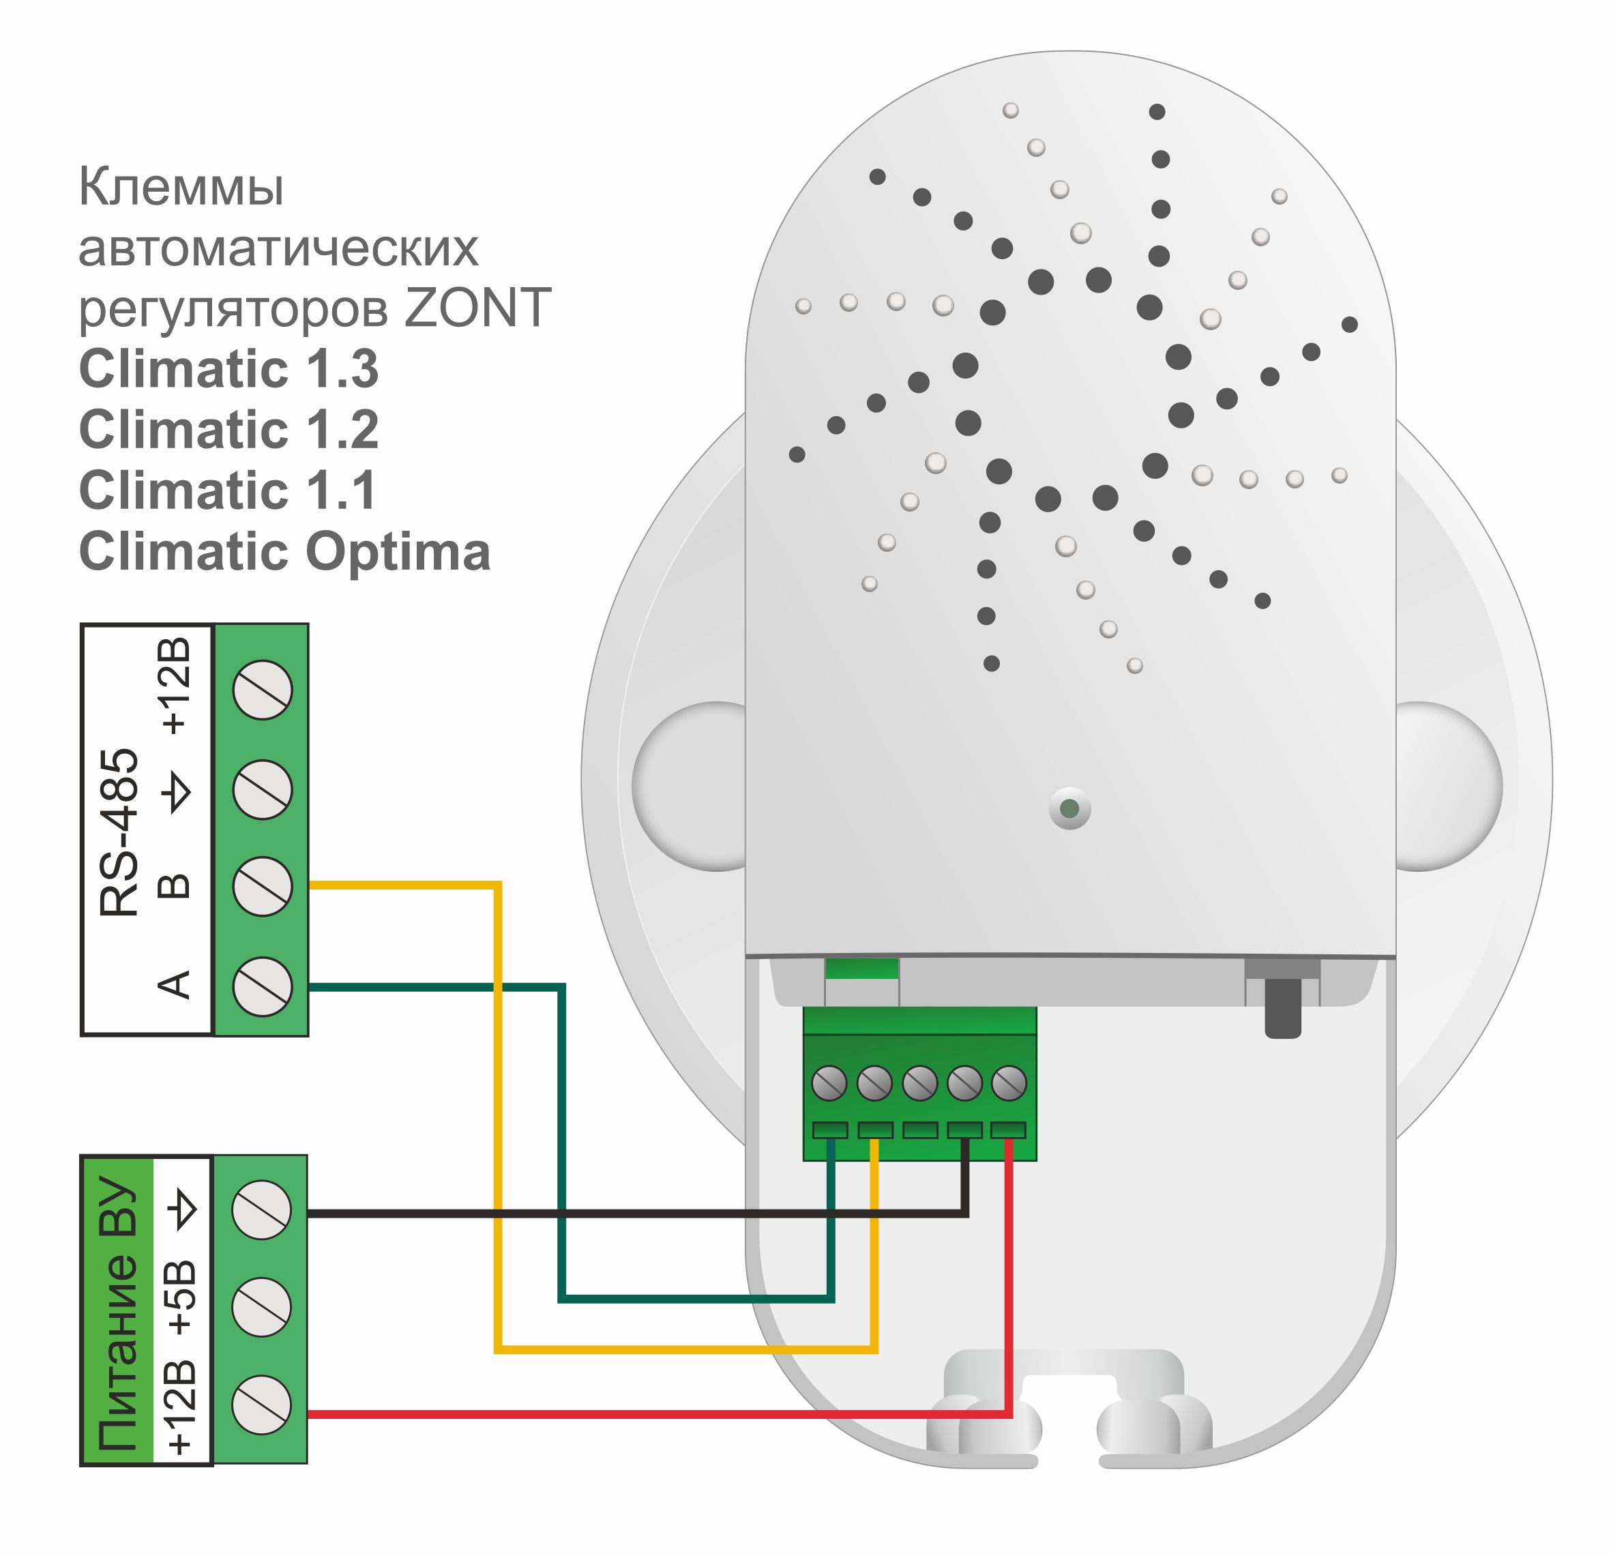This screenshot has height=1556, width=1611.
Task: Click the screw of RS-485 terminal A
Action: click(262, 986)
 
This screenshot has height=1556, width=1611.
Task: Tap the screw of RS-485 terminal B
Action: click(262, 887)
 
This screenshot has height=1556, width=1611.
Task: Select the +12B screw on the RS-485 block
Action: click(262, 690)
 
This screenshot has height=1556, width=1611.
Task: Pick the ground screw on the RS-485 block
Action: click(262, 790)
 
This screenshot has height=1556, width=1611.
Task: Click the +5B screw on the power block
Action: click(261, 1307)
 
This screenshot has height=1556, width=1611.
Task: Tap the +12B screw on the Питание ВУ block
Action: click(261, 1405)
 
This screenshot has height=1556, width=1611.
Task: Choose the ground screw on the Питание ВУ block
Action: click(261, 1210)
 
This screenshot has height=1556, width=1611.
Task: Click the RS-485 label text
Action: click(119, 832)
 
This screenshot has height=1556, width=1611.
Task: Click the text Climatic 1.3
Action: click(228, 368)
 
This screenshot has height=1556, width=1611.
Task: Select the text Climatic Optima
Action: click(284, 551)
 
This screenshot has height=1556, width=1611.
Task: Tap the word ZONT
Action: click(477, 308)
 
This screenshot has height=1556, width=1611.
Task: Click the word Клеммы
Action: click(181, 188)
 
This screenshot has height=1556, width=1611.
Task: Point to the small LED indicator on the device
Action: click(1069, 809)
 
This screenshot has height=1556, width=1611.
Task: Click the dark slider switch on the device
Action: click(1282, 1008)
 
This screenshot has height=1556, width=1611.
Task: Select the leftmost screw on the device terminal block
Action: click(829, 1083)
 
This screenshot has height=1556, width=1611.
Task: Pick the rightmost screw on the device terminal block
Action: click(1009, 1083)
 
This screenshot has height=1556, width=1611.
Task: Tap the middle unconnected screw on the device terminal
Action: click(920, 1083)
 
